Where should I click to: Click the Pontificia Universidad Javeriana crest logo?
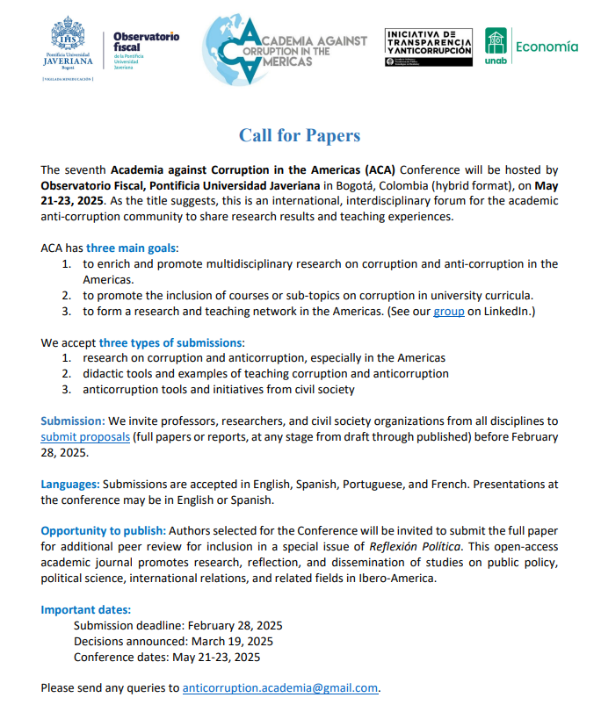(68, 38)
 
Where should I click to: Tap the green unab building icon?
(496, 41)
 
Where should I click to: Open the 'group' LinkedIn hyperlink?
(448, 311)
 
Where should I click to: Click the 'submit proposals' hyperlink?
(85, 436)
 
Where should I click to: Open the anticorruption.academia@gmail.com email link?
(279, 687)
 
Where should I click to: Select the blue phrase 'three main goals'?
(132, 248)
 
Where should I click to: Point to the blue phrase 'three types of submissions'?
(170, 342)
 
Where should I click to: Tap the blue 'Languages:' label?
(70, 484)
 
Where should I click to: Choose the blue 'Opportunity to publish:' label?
(103, 531)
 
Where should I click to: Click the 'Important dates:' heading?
(86, 609)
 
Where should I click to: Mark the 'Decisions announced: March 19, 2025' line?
(176, 641)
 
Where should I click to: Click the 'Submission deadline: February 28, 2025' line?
(178, 625)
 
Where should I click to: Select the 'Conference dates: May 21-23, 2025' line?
(167, 657)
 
